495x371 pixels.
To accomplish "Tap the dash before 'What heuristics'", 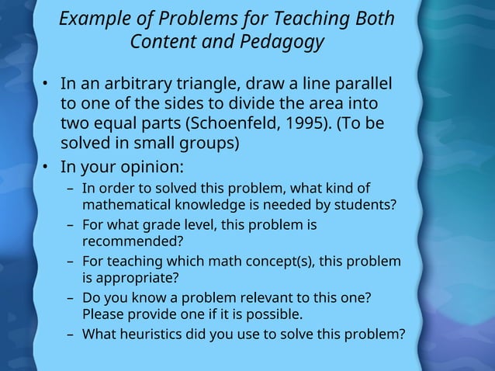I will [x=71, y=335].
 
